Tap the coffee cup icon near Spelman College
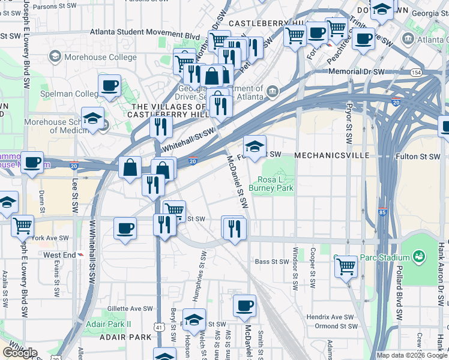click(x=109, y=86)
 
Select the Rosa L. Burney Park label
click(x=276, y=184)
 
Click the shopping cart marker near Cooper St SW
click(x=346, y=266)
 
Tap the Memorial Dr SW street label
click(x=357, y=72)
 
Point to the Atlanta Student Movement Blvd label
click(x=145, y=36)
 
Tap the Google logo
click(x=20, y=353)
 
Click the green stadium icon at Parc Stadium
click(x=418, y=257)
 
